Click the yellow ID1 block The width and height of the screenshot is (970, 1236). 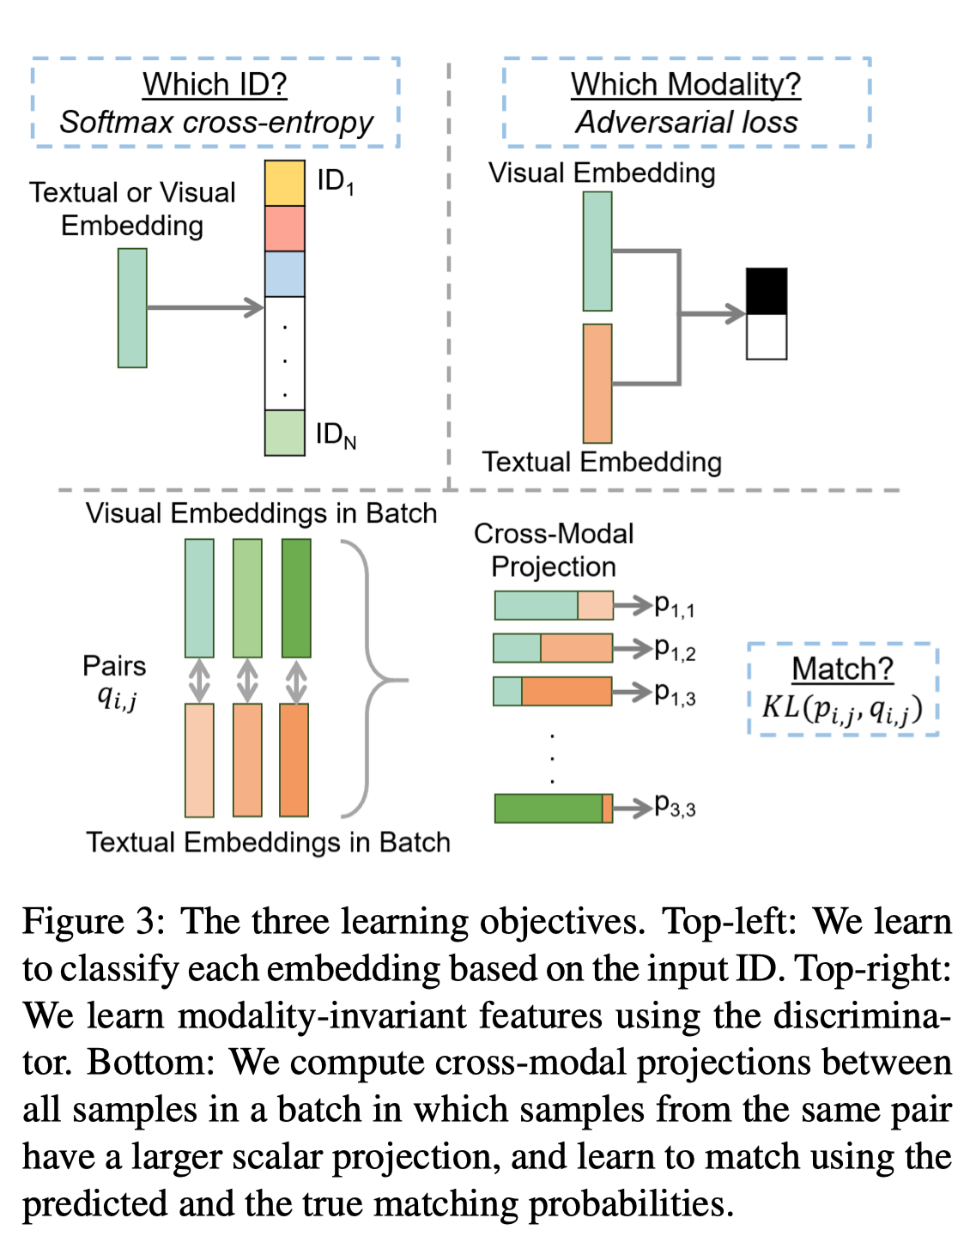tap(284, 183)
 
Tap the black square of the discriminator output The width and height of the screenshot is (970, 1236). tap(767, 291)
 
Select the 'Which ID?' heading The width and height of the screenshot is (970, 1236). tap(215, 85)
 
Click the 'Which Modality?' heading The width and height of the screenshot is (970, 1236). tap(686, 85)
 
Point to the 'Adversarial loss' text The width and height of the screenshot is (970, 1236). tap(686, 122)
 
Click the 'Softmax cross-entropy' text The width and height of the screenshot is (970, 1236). tap(216, 123)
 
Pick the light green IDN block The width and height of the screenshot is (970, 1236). tap(284, 433)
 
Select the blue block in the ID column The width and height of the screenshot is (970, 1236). tap(284, 274)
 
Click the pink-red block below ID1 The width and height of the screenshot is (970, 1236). tap(284, 228)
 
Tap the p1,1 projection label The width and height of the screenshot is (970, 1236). tap(675, 606)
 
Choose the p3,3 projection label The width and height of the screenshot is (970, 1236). tap(675, 805)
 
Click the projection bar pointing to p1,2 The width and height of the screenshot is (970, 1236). tap(553, 648)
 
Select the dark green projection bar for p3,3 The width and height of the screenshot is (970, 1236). tap(553, 809)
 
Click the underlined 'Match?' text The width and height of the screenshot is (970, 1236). tap(843, 669)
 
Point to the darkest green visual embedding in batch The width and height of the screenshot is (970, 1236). tap(296, 597)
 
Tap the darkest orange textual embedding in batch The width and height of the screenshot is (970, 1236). tap(294, 760)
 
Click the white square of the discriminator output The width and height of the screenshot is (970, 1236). tap(767, 336)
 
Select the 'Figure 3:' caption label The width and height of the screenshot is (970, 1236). tap(94, 920)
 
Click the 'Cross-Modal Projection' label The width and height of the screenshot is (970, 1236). tap(553, 550)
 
